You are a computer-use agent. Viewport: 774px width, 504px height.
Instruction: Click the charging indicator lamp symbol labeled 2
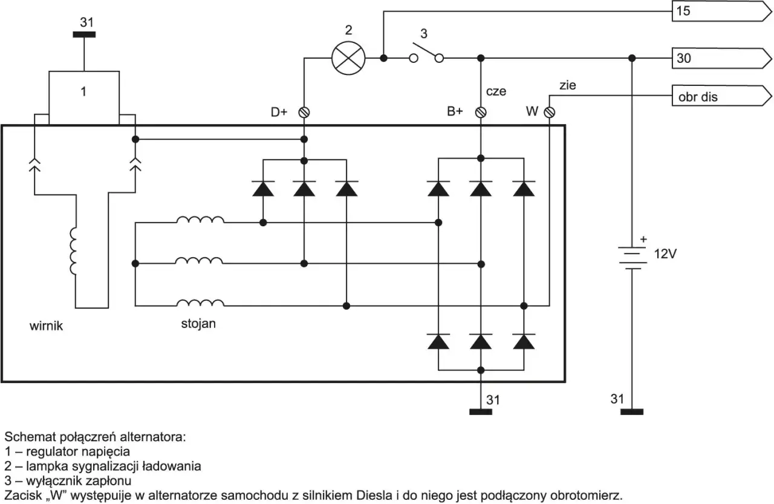click(x=348, y=58)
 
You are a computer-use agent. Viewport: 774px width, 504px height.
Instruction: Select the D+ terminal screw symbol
click(x=304, y=113)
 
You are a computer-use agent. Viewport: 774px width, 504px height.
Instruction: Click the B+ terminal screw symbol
click(x=481, y=113)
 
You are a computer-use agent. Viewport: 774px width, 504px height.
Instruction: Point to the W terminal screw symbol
click(x=550, y=113)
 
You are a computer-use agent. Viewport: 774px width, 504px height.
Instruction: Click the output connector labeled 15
click(x=721, y=11)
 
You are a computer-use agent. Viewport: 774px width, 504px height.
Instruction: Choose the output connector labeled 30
click(x=721, y=58)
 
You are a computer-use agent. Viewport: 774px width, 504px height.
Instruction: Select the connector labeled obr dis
click(x=721, y=96)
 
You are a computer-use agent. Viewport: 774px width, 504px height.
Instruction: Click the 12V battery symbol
click(x=632, y=258)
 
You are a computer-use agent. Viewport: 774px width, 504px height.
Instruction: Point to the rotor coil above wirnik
click(x=73, y=251)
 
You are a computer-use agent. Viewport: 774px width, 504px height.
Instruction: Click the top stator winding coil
click(x=200, y=220)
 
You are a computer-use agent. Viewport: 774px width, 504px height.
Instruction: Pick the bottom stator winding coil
click(x=200, y=303)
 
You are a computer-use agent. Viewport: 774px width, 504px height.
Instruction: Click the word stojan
click(x=198, y=324)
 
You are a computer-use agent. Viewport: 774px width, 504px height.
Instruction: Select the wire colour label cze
click(x=496, y=91)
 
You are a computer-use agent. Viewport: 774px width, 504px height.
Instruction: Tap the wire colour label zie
click(x=568, y=85)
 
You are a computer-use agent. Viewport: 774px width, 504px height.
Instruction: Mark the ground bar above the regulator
click(x=84, y=34)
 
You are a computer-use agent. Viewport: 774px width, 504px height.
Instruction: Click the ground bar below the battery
click(x=632, y=411)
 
